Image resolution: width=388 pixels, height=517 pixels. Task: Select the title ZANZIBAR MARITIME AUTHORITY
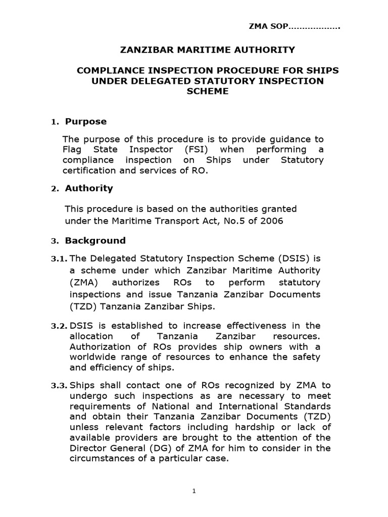(207, 49)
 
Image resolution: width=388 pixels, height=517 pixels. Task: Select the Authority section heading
(88, 188)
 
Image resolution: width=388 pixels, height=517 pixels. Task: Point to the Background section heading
(95, 240)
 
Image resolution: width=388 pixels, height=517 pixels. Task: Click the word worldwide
(95, 357)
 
